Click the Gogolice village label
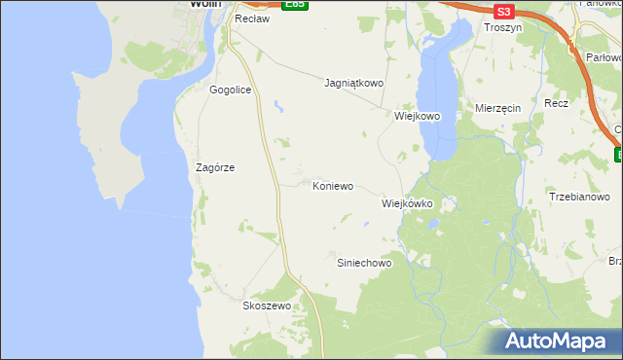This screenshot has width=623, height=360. tap(231, 90)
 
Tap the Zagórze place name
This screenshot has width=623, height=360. tap(215, 167)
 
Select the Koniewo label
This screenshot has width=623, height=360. tap(332, 185)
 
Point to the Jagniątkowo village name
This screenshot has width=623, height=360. tap(354, 84)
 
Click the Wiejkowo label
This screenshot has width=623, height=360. tap(418, 116)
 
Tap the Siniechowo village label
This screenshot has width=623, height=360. tap(364, 263)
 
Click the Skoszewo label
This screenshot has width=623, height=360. tap(267, 305)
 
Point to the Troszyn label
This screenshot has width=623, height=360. tap(504, 29)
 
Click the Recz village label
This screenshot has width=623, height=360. tap(557, 102)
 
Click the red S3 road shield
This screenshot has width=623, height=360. tap(502, 12)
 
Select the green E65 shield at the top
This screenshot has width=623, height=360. tap(295, 5)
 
